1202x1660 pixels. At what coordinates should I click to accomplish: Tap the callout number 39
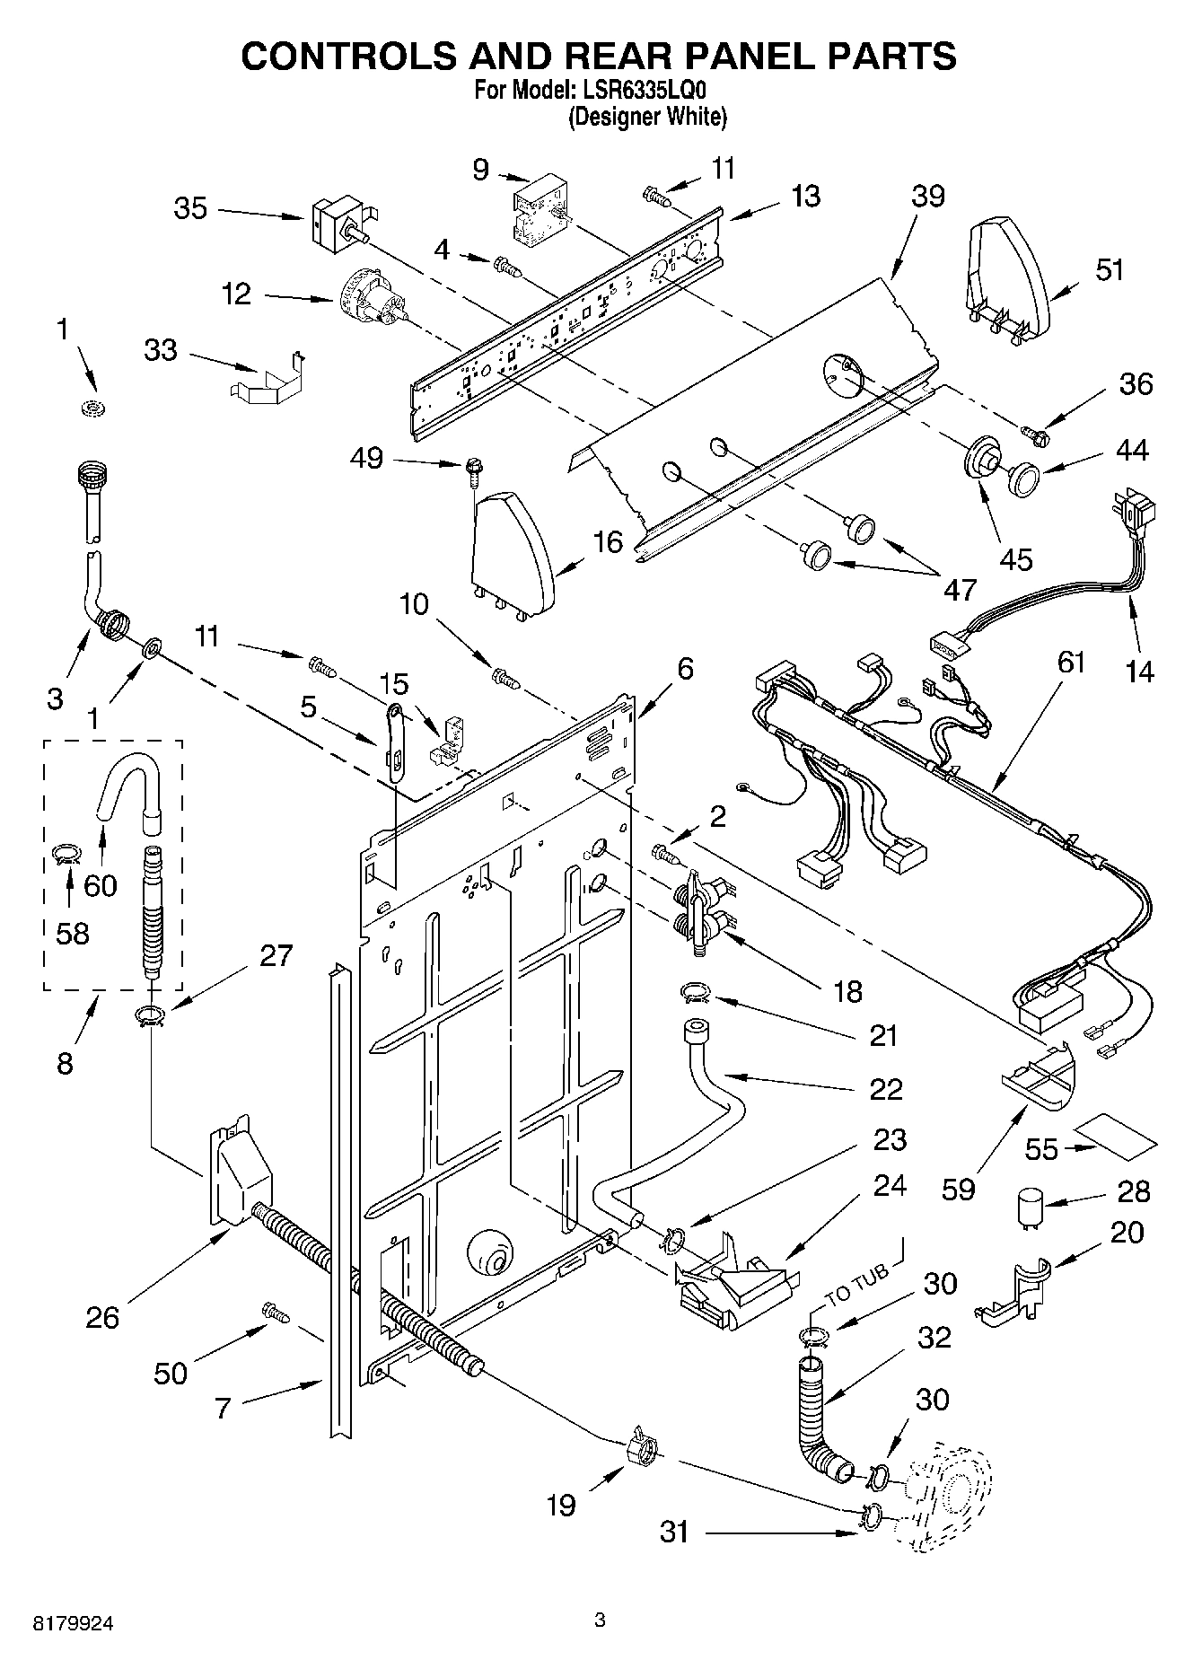(x=927, y=196)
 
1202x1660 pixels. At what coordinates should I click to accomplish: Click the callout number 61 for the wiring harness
(x=1071, y=662)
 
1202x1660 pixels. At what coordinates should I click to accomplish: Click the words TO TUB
(x=857, y=1285)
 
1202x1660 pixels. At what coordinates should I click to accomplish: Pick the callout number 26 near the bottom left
(x=102, y=1317)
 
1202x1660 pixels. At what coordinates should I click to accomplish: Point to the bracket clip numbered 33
(x=267, y=382)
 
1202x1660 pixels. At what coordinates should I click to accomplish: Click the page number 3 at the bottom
(x=600, y=1620)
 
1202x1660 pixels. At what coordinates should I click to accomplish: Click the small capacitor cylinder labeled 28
(x=1030, y=1206)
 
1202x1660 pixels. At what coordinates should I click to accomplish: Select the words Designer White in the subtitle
(x=647, y=117)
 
